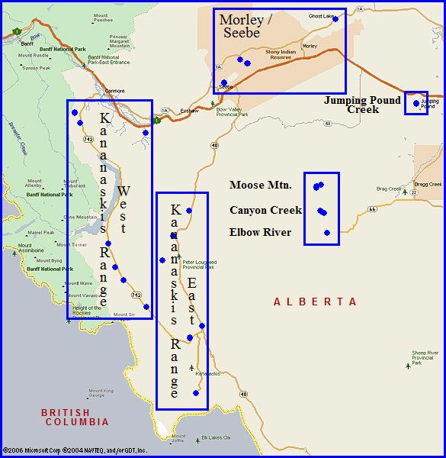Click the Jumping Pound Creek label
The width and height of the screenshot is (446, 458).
pos(362,105)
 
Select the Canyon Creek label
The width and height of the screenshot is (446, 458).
pos(265,210)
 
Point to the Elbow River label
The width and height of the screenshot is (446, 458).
pos(260,232)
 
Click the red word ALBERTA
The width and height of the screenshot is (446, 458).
pos(315,302)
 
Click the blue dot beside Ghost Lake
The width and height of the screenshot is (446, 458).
pos(335,18)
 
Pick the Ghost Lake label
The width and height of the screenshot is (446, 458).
pos(320,15)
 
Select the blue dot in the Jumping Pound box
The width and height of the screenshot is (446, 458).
pos(416,103)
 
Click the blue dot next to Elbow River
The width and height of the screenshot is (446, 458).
pos(327,233)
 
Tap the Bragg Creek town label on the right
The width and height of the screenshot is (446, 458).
pos(428,184)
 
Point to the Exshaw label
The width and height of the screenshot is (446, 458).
pos(189,111)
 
